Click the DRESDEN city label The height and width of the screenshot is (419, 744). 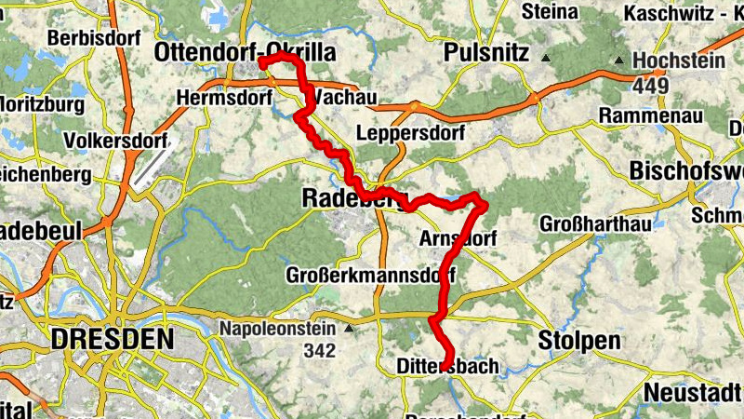tap(113, 340)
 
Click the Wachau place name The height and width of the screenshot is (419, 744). tap(345, 97)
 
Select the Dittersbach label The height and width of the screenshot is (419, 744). tap(447, 367)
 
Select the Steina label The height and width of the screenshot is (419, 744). tap(550, 12)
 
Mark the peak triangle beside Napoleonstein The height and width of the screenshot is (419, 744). tap(349, 329)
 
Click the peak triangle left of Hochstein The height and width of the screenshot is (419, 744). tap(619, 61)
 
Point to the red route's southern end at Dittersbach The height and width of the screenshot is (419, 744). tap(445, 365)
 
